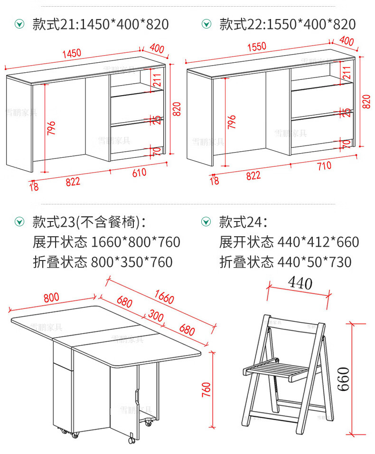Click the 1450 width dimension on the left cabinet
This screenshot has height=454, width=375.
tap(72, 53)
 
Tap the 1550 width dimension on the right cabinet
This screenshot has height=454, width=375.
tap(256, 48)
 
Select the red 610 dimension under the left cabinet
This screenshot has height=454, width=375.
tap(139, 173)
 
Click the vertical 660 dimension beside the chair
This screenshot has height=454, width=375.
tap(344, 378)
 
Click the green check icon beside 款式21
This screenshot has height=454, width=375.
tap(19, 24)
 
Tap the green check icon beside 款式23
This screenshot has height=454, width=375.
tap(19, 222)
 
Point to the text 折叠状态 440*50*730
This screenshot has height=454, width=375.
tap(285, 262)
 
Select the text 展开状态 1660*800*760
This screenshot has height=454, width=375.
tap(106, 242)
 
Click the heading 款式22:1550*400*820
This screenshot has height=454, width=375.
tap(287, 24)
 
